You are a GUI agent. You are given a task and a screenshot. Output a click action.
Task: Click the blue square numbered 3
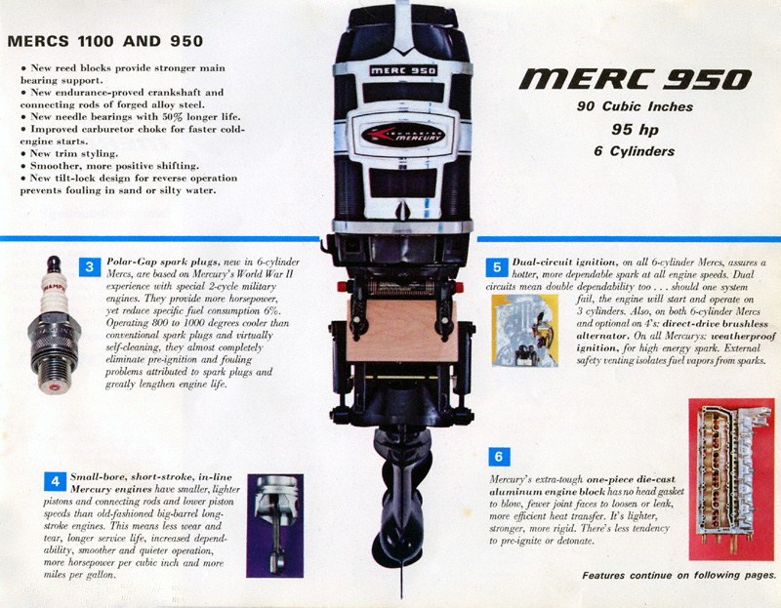point(90,266)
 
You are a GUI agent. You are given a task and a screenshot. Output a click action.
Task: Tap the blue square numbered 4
point(56,481)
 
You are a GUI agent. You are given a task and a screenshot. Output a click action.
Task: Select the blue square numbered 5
point(497,267)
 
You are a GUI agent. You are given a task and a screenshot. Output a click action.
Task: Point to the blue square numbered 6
point(499,457)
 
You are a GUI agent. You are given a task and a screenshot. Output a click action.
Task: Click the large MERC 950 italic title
point(636,80)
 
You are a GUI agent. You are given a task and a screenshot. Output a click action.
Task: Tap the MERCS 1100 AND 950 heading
point(105,41)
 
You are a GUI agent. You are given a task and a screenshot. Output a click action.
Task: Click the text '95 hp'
point(636,130)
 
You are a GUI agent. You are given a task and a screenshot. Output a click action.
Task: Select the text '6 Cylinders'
point(634,151)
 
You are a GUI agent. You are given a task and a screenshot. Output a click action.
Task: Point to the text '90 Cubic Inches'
point(636,106)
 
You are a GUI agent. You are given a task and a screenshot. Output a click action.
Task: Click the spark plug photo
point(54,325)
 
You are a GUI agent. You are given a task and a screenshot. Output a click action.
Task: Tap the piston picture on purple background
point(275,525)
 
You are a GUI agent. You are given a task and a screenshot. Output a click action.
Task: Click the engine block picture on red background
point(731,479)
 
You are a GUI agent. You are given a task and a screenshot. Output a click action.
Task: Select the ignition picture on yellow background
point(525,330)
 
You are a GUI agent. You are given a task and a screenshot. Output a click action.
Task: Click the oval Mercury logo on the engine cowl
point(403,135)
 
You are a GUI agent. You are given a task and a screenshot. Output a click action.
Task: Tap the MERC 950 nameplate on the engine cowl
point(403,70)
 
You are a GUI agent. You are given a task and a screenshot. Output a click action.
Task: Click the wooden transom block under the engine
point(402,331)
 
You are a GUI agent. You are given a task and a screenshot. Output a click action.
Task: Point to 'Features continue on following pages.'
point(678,576)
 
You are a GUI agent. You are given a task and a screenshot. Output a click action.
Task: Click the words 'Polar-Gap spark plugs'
point(162,262)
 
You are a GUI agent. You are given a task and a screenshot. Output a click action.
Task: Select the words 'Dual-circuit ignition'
point(565,263)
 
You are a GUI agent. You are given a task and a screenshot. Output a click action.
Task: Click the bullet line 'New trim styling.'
point(69,153)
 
